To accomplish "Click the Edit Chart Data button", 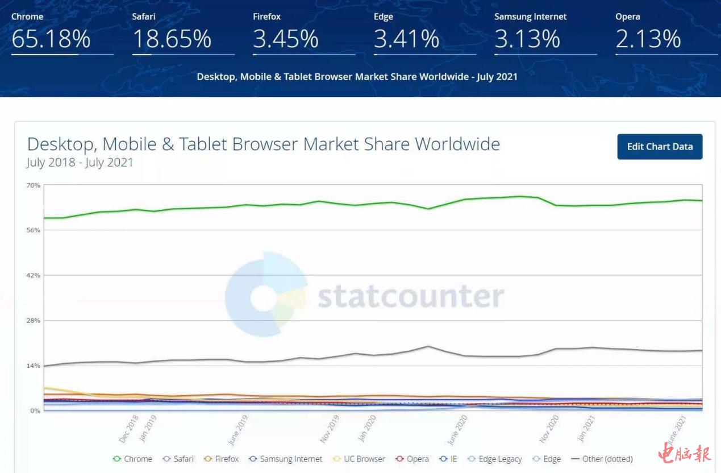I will [660, 147].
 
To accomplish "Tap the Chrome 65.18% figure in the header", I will [51, 39].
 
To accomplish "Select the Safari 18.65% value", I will [172, 39].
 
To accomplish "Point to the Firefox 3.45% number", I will [286, 39].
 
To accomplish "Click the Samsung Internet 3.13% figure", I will [527, 39].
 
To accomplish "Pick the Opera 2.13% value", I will [648, 39].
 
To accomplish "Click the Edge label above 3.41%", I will [384, 16].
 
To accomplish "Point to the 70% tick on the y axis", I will [33, 185].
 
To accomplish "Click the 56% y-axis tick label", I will [33, 230].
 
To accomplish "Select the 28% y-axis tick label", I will [33, 321].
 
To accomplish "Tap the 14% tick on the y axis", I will [33, 366].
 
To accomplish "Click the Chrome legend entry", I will [133, 459].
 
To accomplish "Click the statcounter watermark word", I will [411, 296].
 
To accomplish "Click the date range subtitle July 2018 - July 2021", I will [80, 163].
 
